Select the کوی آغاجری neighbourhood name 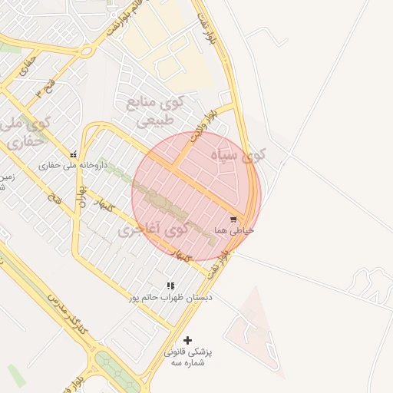coord(154,229)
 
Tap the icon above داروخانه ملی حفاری coord(73,154)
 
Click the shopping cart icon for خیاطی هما coord(233,219)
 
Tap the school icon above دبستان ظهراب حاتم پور coord(170,286)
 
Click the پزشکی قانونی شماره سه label coord(187,357)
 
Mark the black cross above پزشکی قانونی coord(187,340)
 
